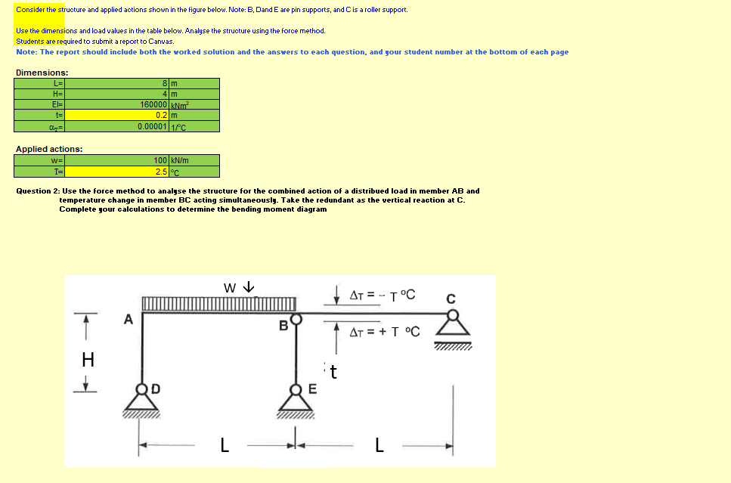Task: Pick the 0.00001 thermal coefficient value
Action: point(153,126)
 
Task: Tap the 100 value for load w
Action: point(160,160)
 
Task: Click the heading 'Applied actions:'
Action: point(49,149)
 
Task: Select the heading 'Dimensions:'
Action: point(42,72)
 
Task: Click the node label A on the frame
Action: point(129,320)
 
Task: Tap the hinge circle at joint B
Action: point(297,318)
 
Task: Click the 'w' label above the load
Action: point(230,287)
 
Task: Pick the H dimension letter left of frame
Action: point(88,360)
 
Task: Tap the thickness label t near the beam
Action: point(333,372)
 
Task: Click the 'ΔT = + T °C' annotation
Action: point(384,332)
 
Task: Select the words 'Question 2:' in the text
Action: point(38,191)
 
